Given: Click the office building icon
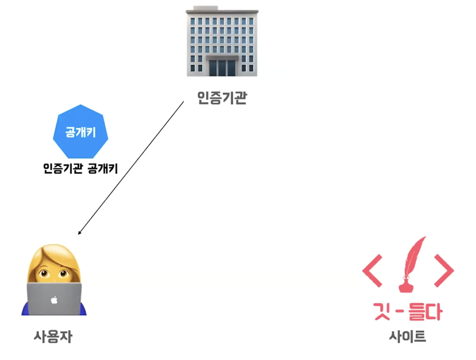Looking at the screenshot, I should point(222,43).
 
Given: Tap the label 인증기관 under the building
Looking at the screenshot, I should point(222,98).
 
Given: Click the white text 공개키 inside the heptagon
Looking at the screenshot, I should point(80,132).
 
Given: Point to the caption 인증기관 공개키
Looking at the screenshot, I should point(80,169).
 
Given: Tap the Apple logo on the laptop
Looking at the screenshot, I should point(54,300).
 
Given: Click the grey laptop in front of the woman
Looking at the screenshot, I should point(54,298).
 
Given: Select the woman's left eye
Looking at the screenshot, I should point(44,274).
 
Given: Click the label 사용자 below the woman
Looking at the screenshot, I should point(53,337).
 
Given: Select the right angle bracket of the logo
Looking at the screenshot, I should point(444,270).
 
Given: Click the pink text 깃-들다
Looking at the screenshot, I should point(407,312).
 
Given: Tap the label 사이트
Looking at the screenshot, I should point(407,336).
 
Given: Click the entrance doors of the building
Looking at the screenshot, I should point(222,67).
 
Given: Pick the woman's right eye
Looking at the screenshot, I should point(63,274).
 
